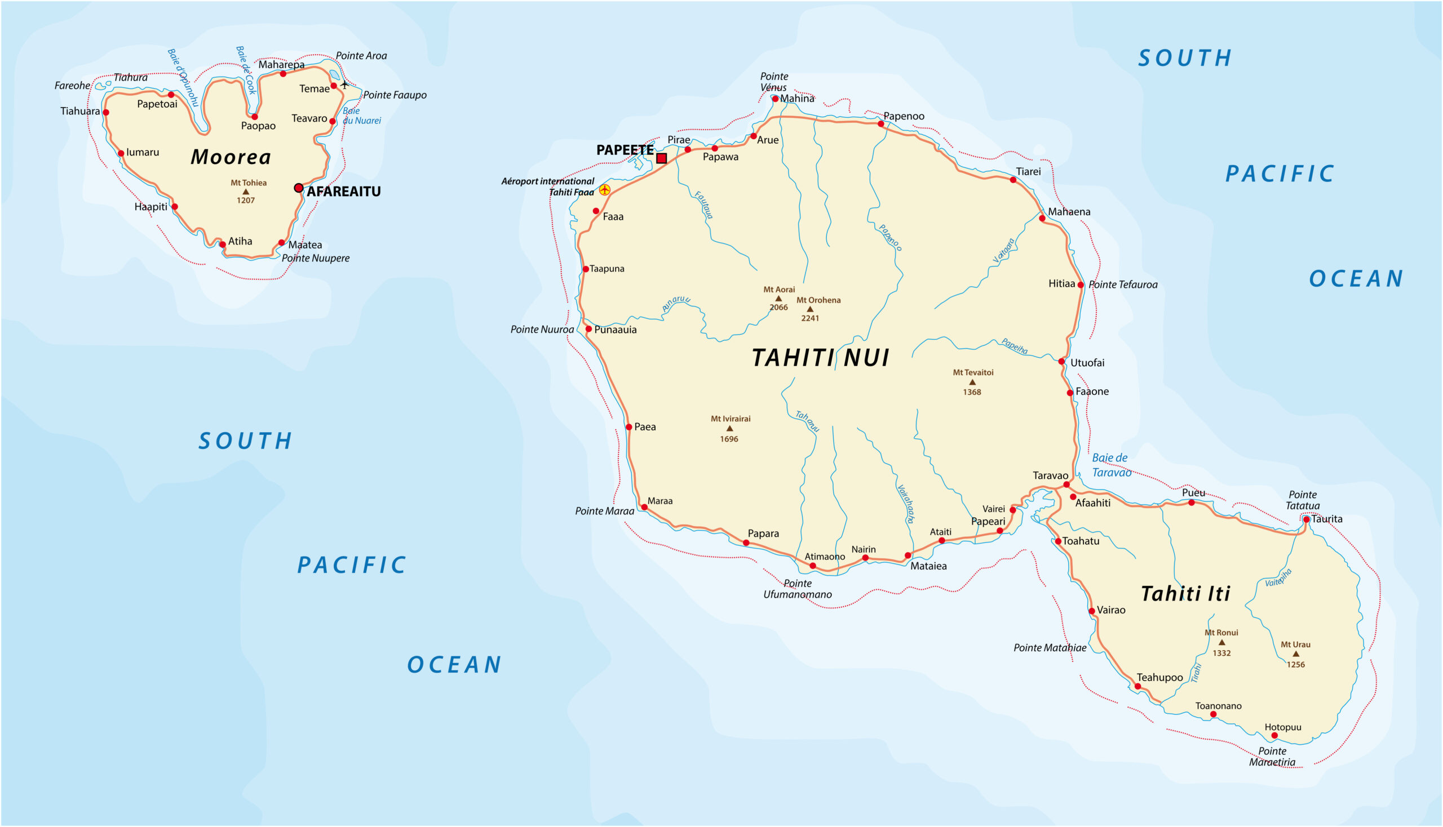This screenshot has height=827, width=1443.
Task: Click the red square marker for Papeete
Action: (662, 158)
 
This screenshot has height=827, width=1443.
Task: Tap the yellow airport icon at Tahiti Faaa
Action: (605, 190)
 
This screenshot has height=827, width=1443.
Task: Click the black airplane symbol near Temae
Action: (344, 85)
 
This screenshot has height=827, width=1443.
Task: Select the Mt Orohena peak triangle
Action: (811, 309)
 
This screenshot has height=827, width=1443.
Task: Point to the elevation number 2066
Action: (778, 307)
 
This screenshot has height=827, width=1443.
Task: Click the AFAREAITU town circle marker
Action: (298, 188)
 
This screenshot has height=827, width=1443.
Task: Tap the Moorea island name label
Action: (231, 157)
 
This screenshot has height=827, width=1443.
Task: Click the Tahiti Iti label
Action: (1185, 594)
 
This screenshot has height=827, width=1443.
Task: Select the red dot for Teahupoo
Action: (1138, 687)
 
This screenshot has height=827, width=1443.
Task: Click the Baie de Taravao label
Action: (1111, 465)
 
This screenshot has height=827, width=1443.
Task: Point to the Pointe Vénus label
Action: (773, 82)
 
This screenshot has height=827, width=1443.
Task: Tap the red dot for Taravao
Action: (1067, 485)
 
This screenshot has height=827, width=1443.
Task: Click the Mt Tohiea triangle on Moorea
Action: (246, 192)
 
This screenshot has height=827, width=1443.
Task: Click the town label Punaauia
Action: (615, 330)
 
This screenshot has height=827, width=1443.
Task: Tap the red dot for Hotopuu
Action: (1274, 736)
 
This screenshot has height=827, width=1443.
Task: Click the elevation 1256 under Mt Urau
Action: (1296, 665)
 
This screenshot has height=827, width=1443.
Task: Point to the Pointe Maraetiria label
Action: (1272, 757)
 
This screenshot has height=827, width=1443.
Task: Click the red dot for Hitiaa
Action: (1081, 285)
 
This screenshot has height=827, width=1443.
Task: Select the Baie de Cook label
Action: (246, 70)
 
